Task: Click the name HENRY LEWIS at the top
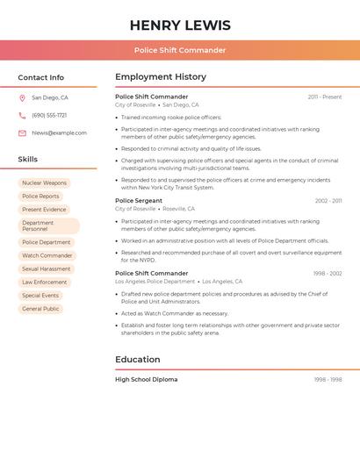(180, 25)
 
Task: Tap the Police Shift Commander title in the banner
(180, 50)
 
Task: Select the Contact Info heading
(40, 77)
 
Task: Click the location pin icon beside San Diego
(22, 98)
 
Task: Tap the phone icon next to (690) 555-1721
(22, 116)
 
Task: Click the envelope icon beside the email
(22, 133)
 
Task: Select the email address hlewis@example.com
(59, 133)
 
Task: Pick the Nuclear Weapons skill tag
(44, 183)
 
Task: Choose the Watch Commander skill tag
(47, 256)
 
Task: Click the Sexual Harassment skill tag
(47, 269)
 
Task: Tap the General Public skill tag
(40, 309)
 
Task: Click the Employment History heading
(161, 77)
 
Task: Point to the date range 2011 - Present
(324, 97)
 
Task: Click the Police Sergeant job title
(139, 201)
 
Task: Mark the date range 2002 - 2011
(328, 201)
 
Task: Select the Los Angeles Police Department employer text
(155, 282)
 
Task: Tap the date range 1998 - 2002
(328, 274)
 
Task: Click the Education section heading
(138, 360)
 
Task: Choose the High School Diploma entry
(146, 380)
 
